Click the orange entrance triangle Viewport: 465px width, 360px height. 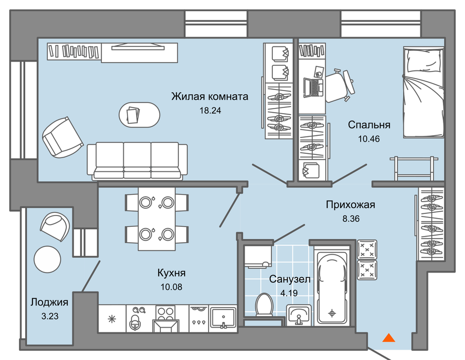[388, 338]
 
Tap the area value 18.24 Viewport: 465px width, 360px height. [210, 111]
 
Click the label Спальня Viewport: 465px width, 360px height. [369, 124]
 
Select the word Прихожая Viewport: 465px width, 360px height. [350, 205]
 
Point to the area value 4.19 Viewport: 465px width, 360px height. [289, 293]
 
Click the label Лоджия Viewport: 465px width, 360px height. [49, 302]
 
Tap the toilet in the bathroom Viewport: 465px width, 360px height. [264, 304]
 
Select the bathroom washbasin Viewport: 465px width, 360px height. [299, 315]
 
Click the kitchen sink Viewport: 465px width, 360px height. [224, 318]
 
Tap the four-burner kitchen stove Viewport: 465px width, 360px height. [166, 319]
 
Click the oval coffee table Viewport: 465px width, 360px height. [139, 115]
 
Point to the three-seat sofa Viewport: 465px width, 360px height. [137, 160]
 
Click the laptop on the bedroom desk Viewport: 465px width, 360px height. [313, 87]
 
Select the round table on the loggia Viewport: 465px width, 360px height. [47, 259]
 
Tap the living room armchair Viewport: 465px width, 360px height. [62, 137]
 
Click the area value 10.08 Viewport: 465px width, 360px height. [172, 287]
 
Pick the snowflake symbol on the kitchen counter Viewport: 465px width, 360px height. [112, 319]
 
